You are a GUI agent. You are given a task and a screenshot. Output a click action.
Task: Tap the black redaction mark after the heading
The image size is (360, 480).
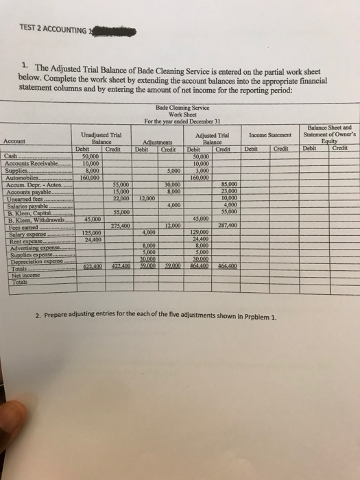point(114,29)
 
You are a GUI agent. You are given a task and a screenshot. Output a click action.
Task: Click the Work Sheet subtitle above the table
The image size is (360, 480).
point(180,114)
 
